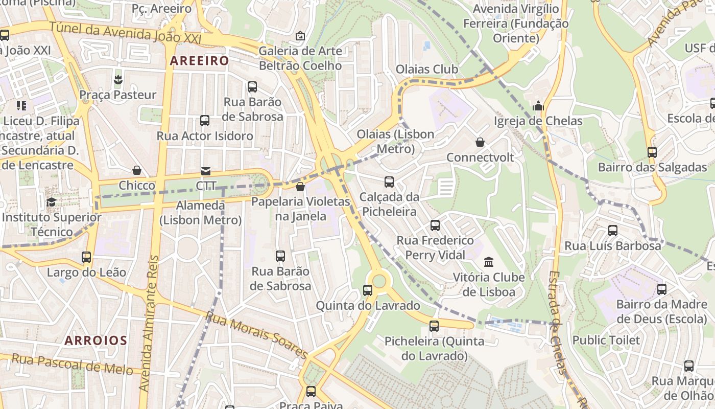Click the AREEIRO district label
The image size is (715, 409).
click(x=199, y=61)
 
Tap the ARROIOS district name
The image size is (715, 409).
click(x=96, y=340)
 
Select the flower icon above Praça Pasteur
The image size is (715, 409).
click(x=118, y=79)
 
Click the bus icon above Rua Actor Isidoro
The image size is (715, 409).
click(x=205, y=121)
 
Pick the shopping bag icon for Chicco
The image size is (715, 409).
click(x=137, y=170)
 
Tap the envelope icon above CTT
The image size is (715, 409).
click(x=206, y=171)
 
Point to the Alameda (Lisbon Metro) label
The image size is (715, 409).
click(x=200, y=213)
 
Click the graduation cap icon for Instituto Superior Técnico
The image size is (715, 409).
click(x=51, y=202)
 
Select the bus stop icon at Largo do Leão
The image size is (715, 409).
click(x=86, y=257)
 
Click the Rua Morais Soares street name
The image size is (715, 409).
click(x=256, y=335)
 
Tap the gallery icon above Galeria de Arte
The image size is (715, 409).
click(x=300, y=36)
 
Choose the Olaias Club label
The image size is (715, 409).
click(x=427, y=69)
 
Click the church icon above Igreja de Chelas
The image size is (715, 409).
click(x=538, y=106)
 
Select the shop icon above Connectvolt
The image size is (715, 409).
click(x=480, y=142)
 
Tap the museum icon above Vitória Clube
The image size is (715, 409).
click(x=489, y=262)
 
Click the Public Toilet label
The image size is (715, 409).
click(x=606, y=340)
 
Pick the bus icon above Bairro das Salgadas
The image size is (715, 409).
click(x=652, y=152)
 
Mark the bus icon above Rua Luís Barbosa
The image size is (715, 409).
click(x=613, y=231)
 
